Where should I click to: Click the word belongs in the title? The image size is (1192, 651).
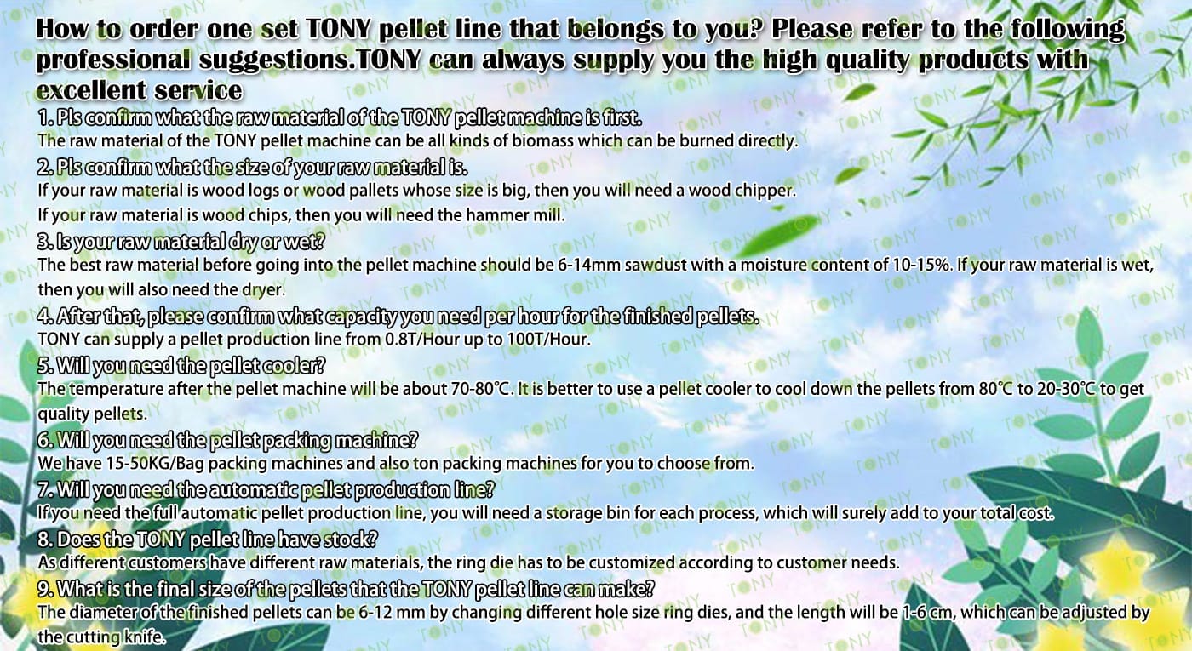click(x=615, y=30)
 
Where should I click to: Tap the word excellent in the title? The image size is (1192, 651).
click(x=90, y=90)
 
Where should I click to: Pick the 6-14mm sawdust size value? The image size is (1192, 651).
click(x=589, y=265)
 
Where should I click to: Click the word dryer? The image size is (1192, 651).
click(x=271, y=290)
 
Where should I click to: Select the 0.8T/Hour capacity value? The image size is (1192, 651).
click(x=421, y=340)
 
